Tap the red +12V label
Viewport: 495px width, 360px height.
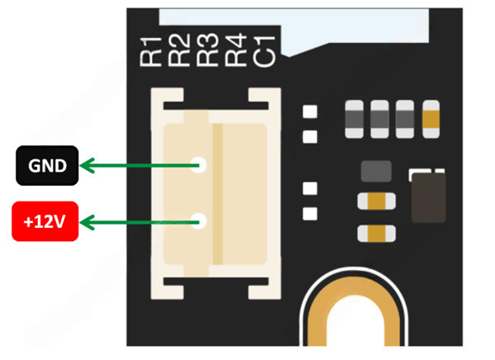click(x=45, y=221)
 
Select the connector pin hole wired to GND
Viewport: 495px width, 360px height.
click(x=199, y=165)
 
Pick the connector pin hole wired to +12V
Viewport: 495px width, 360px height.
click(x=199, y=220)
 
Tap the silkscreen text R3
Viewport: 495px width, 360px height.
click(x=208, y=50)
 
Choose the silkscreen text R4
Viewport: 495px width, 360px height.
click(x=237, y=50)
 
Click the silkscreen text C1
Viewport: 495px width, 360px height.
click(x=266, y=50)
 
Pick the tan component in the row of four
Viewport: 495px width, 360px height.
click(x=431, y=117)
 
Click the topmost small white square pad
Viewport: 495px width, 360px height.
click(x=311, y=112)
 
